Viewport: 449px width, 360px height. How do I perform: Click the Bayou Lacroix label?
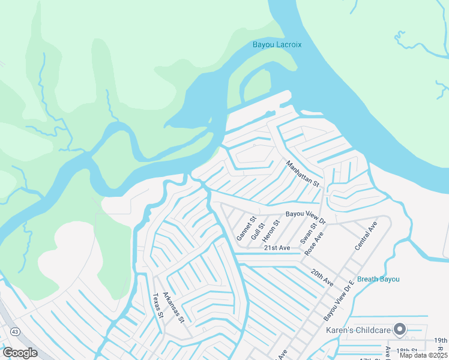tap(277, 45)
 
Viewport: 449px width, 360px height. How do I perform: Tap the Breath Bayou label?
tap(378, 279)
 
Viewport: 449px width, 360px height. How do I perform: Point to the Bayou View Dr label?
tap(305, 214)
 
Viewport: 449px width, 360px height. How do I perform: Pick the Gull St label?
tap(258, 230)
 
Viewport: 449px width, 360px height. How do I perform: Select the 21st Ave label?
tap(277, 247)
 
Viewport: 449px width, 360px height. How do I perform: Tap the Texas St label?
tap(158, 306)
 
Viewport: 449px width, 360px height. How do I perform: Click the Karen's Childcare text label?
tap(358, 330)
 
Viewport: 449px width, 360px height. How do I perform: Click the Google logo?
tap(20, 353)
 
